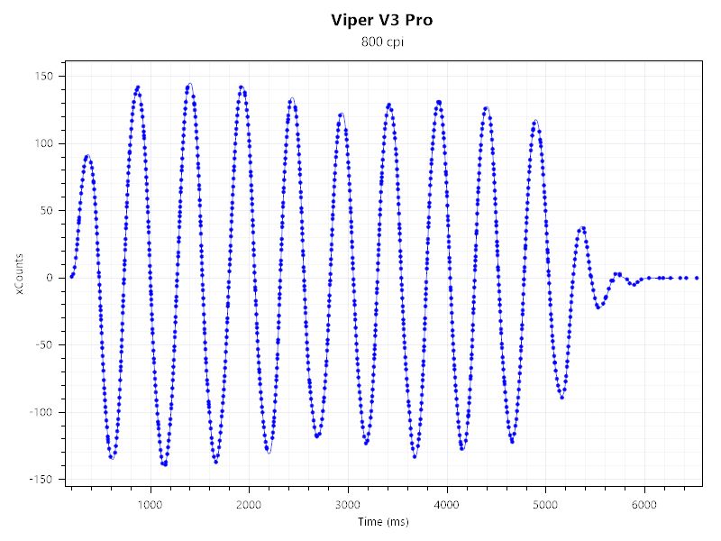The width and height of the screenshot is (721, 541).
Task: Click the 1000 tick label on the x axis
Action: click(x=151, y=503)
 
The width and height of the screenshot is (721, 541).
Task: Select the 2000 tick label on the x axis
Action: click(x=250, y=503)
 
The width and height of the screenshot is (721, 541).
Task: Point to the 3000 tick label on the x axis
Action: click(x=348, y=503)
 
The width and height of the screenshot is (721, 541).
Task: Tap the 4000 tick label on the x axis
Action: click(x=447, y=503)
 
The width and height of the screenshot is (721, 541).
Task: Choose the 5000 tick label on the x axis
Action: click(x=545, y=503)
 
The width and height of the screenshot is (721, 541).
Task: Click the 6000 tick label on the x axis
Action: click(x=644, y=503)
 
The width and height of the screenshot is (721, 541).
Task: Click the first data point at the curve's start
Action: click(x=71, y=276)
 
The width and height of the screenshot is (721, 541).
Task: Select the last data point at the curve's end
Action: click(x=697, y=278)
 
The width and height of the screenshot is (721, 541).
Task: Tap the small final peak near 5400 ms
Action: click(x=583, y=228)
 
